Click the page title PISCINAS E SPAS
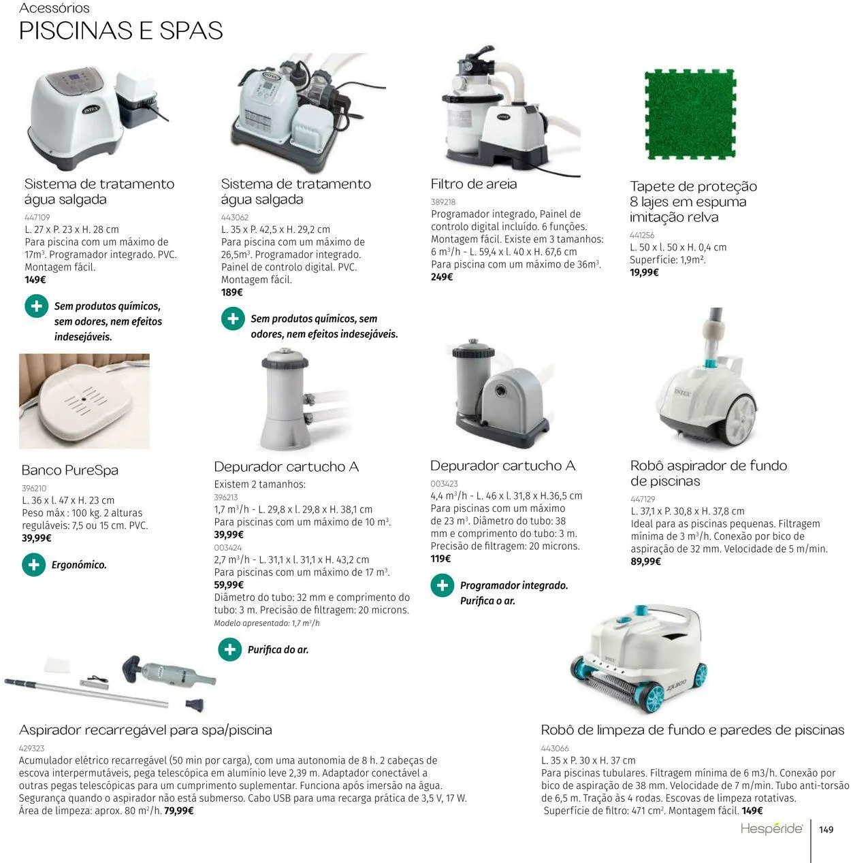(121, 31)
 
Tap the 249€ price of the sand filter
(442, 277)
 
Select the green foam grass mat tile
(690, 114)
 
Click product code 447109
(37, 217)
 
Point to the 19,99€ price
(644, 272)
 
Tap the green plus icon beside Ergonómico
(33, 565)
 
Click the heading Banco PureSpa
(70, 470)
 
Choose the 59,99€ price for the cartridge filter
(229, 585)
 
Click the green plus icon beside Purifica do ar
(230, 649)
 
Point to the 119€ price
(441, 559)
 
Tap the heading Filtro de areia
(474, 184)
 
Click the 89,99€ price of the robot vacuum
(646, 561)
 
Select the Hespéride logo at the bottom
(771, 829)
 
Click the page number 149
(826, 830)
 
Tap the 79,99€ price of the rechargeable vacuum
(179, 811)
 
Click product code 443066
(555, 748)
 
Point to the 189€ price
(232, 292)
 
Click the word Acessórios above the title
(54, 8)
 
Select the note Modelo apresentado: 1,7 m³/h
(267, 623)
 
